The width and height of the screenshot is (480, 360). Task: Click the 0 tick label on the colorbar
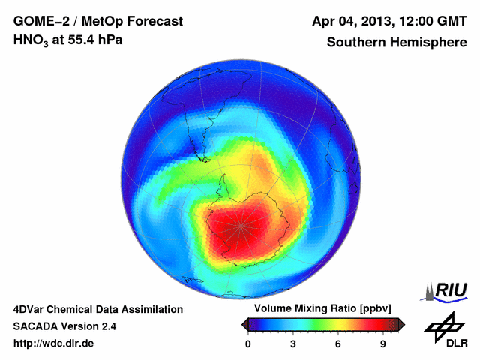pos(248,344)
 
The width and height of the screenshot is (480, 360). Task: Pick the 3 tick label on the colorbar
pos(293,344)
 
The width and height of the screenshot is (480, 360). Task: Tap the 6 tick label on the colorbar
pos(338,344)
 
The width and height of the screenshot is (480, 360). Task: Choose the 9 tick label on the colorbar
pos(382,344)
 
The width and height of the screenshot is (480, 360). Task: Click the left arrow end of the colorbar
pos(244,324)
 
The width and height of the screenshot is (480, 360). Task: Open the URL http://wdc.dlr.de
pos(54,343)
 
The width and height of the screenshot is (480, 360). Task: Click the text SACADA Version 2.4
pos(64,326)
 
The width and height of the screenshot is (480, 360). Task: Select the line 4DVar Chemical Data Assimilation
pos(97,309)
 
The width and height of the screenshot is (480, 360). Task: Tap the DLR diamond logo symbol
pos(444,325)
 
